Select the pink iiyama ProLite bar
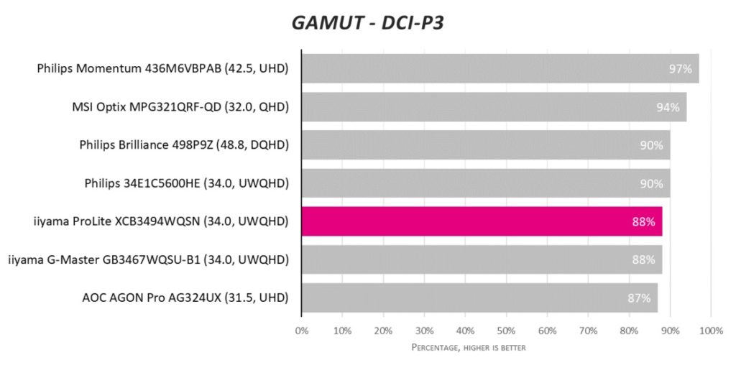pos(482,221)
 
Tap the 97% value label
pos(679,69)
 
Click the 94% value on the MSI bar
pos(667,107)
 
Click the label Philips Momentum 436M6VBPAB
pos(162,69)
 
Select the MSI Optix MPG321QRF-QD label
pos(180,107)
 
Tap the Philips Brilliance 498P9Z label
pos(184,145)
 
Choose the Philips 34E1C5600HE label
pos(186,183)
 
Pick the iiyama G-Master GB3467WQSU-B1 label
pos(148,259)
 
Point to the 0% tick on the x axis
pos(302,331)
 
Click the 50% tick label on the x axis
pos(506,331)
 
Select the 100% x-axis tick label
pos(710,331)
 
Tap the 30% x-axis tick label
pos(424,331)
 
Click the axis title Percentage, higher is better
pos(468,348)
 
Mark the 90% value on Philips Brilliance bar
pos(650,145)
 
